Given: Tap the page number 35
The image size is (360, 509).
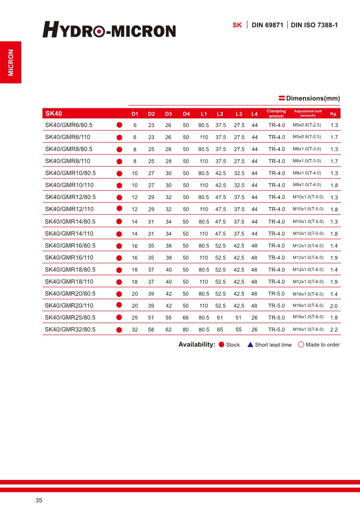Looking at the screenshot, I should tap(39, 500).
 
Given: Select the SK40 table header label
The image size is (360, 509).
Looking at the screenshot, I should tap(54, 113).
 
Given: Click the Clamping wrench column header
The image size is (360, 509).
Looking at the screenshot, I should tap(276, 113).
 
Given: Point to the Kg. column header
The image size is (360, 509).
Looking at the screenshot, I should tap(333, 113).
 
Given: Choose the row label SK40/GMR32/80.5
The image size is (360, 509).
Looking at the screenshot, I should tap(70, 330).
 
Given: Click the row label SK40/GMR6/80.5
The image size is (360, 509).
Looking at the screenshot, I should tap(68, 125).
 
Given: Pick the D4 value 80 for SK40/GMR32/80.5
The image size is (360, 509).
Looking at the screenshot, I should tap(185, 330).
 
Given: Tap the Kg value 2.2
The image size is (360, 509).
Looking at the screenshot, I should tap(334, 330).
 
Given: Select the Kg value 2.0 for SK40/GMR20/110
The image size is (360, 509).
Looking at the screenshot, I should tap(334, 306).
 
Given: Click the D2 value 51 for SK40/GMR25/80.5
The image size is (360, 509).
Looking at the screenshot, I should tap(151, 318).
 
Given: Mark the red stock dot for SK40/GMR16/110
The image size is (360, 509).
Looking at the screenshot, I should tap(120, 257).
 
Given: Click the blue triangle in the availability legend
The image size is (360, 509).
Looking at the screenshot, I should tap(250, 344).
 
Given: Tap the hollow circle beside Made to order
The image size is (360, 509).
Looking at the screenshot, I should tap(301, 344).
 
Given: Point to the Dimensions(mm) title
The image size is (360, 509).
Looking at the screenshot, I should tap(313, 98).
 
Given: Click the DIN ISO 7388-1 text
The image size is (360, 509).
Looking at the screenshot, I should tap(314, 25).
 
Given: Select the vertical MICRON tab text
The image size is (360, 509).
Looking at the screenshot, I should tap(10, 62).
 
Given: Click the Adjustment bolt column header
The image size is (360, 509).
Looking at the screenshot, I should tap(308, 113).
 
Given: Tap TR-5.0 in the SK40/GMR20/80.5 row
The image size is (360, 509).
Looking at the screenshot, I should tap(277, 294).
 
